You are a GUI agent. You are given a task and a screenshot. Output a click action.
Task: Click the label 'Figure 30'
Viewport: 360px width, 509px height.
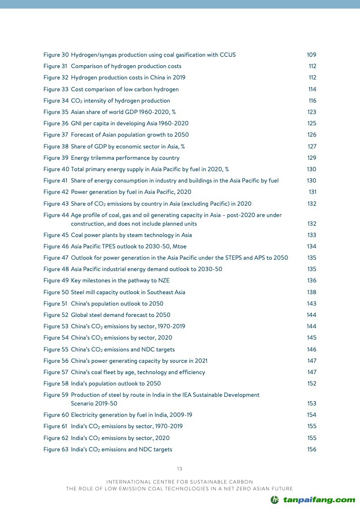pos(56,55)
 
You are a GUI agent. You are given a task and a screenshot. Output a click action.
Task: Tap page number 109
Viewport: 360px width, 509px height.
pos(311,55)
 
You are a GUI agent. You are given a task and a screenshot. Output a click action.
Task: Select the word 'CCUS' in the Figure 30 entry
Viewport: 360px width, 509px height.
pos(227,55)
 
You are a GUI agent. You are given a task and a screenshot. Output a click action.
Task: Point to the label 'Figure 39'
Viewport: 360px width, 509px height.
pos(56,158)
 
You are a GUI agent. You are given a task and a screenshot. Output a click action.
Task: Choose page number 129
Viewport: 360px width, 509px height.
pos(311,158)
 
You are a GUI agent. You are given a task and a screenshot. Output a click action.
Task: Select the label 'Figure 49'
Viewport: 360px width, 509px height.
pos(56,281)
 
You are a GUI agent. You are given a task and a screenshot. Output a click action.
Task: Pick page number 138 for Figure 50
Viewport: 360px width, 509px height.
pos(311,292)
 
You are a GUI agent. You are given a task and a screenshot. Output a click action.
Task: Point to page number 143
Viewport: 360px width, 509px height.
pos(311,304)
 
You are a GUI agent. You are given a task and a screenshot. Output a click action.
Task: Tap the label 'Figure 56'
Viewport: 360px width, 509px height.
pos(56,361)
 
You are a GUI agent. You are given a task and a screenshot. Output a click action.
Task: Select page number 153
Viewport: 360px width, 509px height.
pos(311,404)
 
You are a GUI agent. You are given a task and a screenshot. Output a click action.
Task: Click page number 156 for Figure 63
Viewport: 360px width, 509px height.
pos(311,450)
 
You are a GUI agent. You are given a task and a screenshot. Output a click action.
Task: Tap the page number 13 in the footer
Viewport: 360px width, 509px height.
pos(180,469)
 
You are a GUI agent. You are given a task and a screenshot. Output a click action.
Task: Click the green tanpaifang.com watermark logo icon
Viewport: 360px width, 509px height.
pos(275,500)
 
